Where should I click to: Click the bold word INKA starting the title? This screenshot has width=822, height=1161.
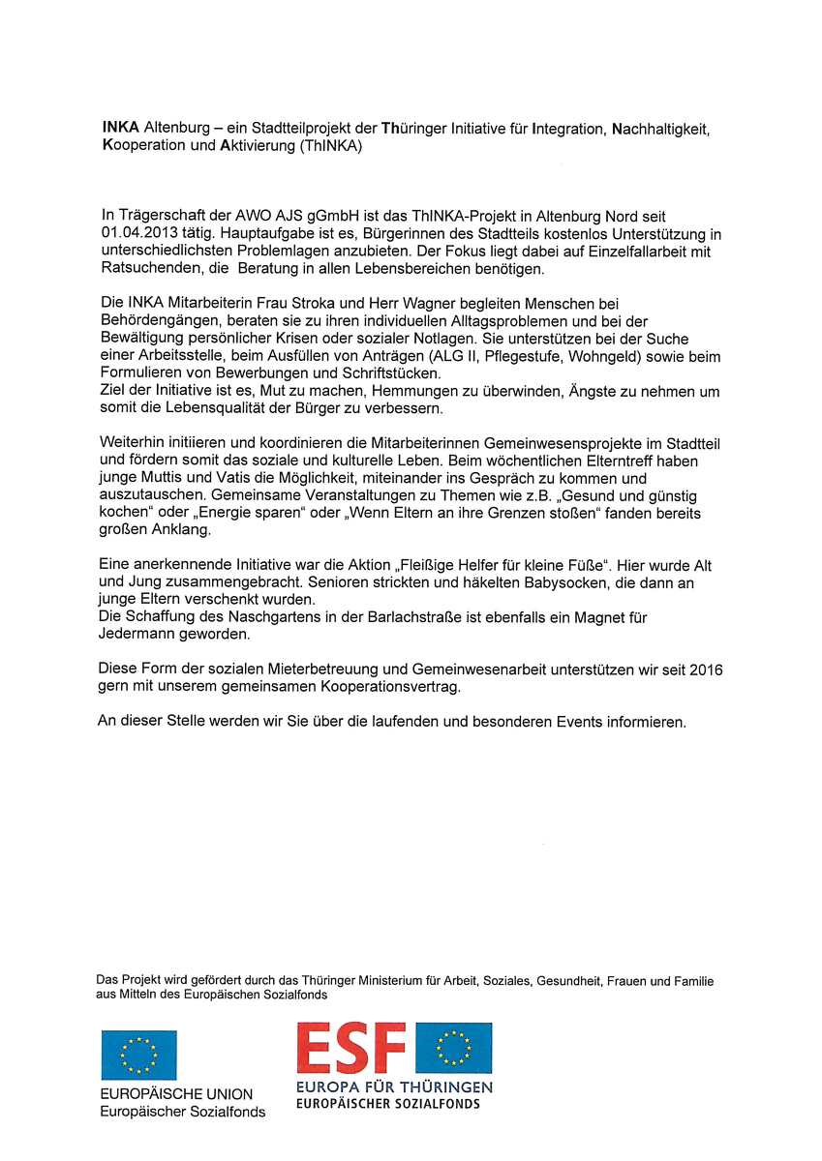[x=121, y=128]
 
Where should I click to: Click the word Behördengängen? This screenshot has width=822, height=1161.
[x=156, y=321]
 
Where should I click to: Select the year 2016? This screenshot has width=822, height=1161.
[x=706, y=670]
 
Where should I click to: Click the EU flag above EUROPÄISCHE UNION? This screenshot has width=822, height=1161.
[x=138, y=1055]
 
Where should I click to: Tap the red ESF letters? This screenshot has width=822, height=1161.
[x=350, y=1049]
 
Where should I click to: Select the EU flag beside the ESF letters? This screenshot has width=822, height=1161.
[x=453, y=1049]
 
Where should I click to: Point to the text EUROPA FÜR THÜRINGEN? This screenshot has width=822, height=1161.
[x=394, y=1087]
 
